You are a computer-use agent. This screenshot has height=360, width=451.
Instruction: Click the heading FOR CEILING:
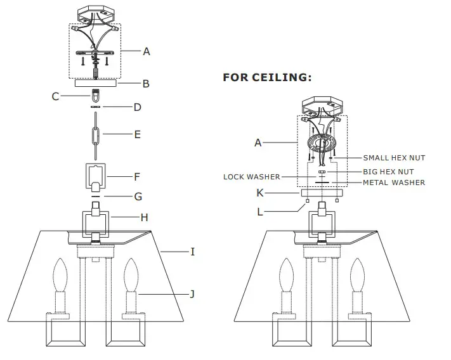267,78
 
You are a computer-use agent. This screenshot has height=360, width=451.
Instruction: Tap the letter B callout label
145,83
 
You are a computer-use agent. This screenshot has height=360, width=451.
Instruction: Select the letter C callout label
55,96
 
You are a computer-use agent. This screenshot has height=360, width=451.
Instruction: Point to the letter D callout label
137,108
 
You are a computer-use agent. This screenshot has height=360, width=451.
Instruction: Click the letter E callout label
137,135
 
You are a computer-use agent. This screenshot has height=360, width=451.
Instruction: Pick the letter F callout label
136,177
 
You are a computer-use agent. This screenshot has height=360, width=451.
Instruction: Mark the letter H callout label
144,217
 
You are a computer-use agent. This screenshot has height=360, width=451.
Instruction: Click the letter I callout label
193,252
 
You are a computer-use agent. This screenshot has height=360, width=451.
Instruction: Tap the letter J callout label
193,293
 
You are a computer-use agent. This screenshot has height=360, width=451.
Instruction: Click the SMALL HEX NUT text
394,158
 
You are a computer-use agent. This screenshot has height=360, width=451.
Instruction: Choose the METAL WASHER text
393,183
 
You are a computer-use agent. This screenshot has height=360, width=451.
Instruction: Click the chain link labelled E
96,135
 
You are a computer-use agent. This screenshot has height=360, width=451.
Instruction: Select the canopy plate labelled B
96,82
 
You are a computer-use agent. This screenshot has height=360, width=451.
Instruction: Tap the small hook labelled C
96,97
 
